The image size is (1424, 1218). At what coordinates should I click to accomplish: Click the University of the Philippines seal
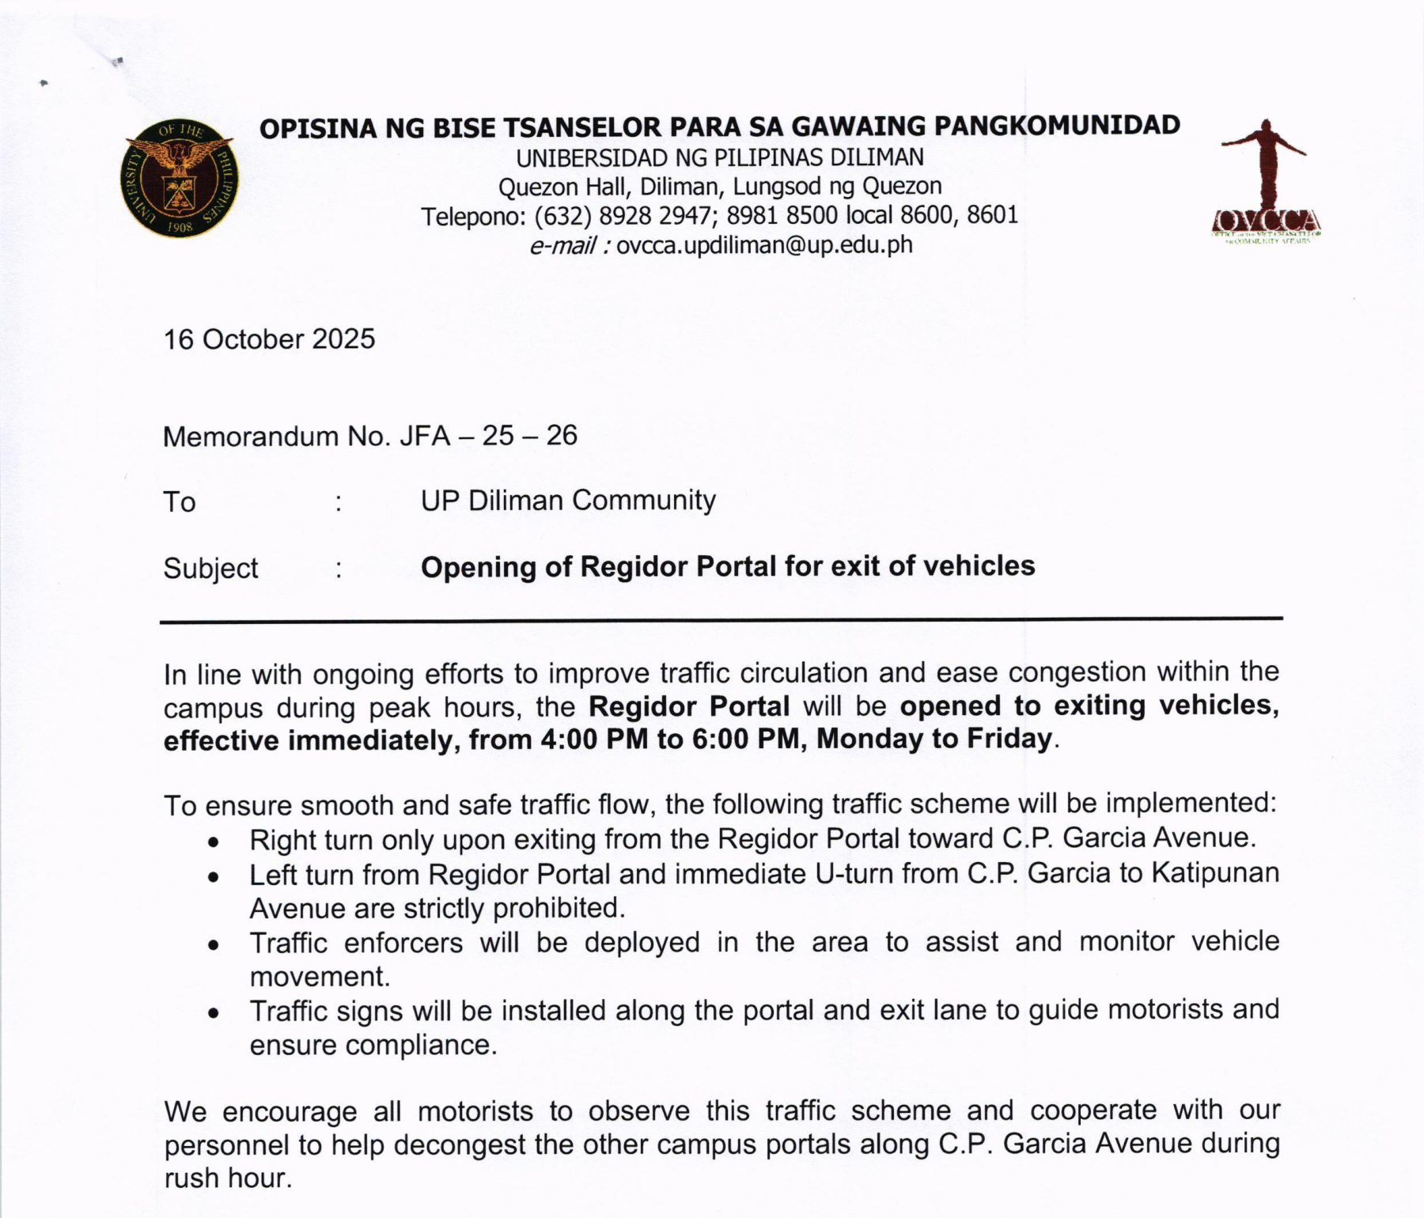[x=179, y=178]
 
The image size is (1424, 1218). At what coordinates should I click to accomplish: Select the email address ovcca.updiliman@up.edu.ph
[x=764, y=245]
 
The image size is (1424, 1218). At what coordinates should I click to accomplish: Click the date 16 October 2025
[x=269, y=339]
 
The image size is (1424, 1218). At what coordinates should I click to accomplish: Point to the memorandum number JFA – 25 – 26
[x=488, y=436]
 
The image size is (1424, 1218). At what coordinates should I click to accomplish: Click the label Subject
[x=210, y=568]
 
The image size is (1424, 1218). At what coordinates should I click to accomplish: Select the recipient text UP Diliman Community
[x=568, y=501]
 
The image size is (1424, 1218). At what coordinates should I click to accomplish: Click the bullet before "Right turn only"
[x=213, y=842]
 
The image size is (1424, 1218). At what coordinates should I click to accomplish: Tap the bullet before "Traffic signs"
[x=213, y=1013]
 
